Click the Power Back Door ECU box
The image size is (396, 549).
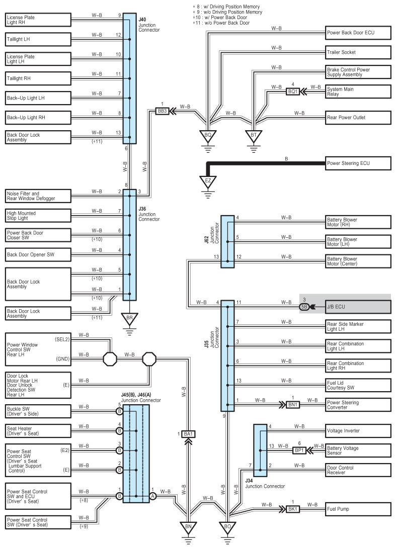[358, 33]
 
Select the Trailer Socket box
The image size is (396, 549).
[358, 52]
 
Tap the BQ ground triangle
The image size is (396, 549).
[208, 136]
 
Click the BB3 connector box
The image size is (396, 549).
[163, 111]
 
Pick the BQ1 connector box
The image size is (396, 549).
[293, 91]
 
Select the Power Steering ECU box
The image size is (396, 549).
[358, 163]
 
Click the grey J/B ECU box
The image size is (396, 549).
[358, 307]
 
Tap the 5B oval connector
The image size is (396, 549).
[304, 307]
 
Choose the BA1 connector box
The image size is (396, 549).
[188, 434]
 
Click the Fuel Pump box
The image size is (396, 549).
[358, 509]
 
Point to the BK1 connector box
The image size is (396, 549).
[293, 509]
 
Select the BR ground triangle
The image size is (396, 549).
[130, 319]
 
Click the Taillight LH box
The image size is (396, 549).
[38, 39]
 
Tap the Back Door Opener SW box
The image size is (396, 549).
[38, 254]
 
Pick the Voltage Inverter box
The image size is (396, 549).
[358, 431]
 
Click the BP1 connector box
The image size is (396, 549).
[299, 450]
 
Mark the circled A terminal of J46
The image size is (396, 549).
[152, 496]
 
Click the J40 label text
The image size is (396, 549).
[142, 20]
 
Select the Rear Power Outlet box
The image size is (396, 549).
[358, 118]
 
